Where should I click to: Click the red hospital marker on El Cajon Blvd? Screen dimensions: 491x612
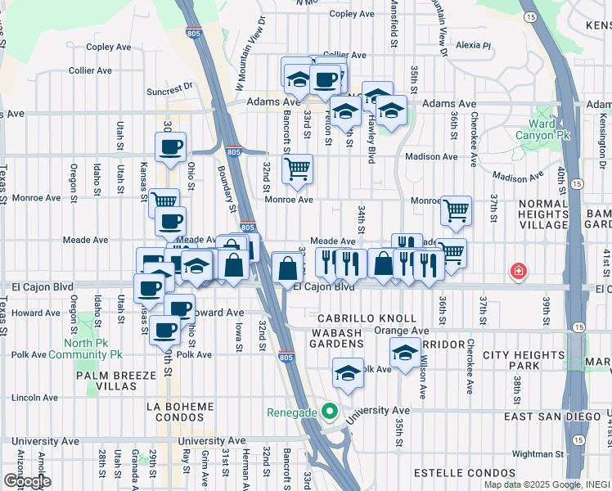click(518, 271)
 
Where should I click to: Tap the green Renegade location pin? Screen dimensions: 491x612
click(330, 412)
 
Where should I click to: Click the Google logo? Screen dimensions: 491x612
click(27, 480)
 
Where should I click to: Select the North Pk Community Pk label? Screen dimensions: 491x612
click(85, 349)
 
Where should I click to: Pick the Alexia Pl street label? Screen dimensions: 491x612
click(474, 46)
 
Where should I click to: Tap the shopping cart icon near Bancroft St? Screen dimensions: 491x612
click(297, 169)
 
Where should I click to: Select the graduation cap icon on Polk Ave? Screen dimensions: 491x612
click(348, 374)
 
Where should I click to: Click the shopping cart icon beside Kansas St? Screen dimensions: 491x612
click(164, 200)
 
